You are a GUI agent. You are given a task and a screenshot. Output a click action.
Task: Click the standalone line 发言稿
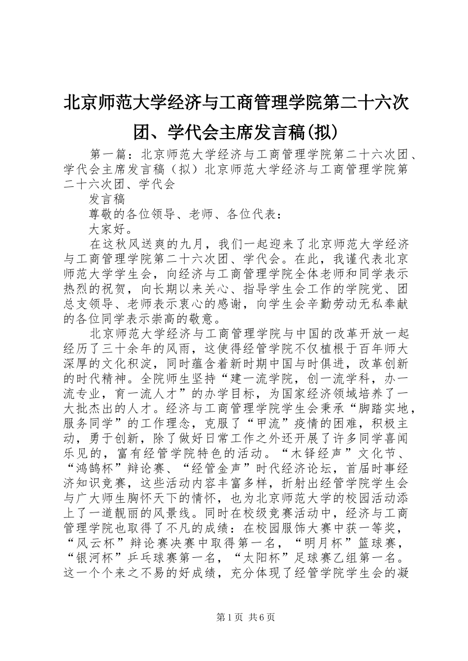pos(107,199)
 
